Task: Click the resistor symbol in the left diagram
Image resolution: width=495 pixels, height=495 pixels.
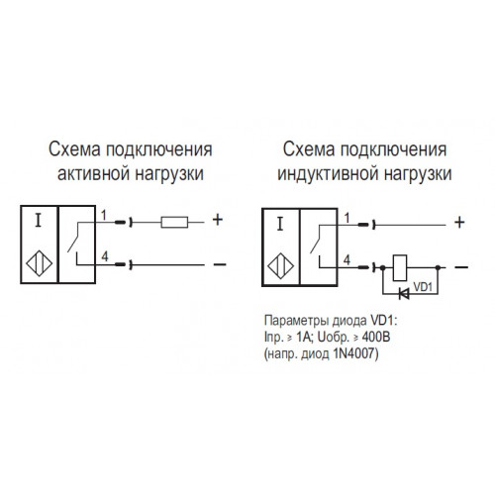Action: pos(174,223)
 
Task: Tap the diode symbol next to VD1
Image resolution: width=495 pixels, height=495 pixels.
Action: pos(404,293)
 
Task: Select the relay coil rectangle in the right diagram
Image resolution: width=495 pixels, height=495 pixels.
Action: pos(400,267)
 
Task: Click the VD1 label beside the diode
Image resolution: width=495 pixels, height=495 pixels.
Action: pos(423,286)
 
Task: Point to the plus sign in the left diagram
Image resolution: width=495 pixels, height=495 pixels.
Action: pos(218,220)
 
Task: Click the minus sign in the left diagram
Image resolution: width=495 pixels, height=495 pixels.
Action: pos(220,264)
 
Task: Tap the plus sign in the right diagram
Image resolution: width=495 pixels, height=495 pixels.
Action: pos(459,223)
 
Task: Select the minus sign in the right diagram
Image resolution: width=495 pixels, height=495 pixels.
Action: pos(461,267)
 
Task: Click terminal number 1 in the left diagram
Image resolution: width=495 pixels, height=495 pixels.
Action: pos(104,216)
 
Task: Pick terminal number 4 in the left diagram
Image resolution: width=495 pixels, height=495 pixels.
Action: pos(105,256)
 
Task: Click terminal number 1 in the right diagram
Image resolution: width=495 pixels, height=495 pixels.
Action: pos(346,218)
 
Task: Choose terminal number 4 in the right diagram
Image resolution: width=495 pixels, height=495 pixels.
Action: pos(346,260)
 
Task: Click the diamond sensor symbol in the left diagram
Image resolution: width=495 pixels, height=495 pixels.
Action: pos(40,263)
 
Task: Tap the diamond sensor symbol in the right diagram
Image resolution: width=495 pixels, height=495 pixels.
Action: pos(281,266)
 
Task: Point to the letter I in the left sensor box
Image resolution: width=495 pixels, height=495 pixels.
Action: pos(39,221)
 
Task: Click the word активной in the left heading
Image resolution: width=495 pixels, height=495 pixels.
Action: pos(93,173)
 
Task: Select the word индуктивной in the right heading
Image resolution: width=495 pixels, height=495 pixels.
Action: pos(325,174)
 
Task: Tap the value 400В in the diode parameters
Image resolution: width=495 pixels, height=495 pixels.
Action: pos(376,337)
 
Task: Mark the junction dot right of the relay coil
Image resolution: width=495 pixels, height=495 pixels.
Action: pos(438,267)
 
